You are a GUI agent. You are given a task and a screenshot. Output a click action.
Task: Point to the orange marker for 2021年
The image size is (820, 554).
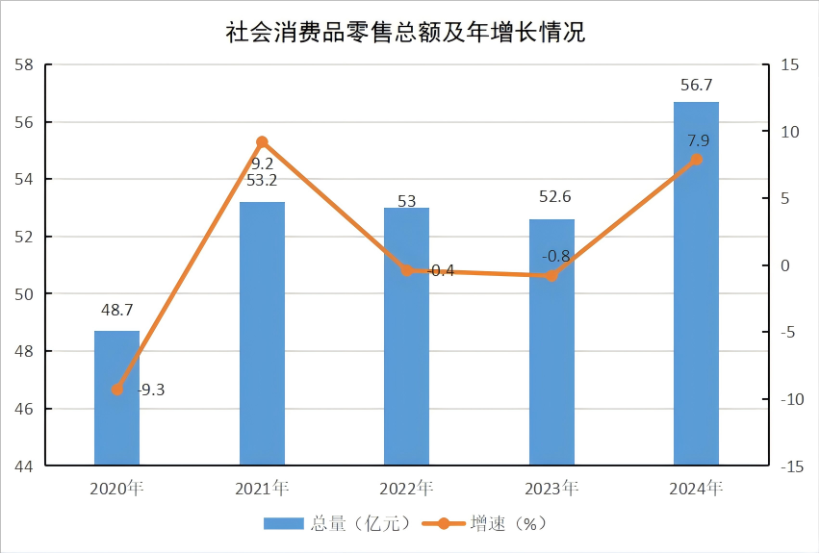click(x=262, y=142)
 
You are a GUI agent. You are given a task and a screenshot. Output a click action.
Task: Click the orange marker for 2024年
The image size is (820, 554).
click(x=696, y=160)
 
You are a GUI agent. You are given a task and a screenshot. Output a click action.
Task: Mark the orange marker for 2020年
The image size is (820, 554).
click(x=116, y=390)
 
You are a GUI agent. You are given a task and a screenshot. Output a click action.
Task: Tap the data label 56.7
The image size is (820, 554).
click(x=696, y=85)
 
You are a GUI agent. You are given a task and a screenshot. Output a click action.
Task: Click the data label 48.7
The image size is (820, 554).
click(x=116, y=310)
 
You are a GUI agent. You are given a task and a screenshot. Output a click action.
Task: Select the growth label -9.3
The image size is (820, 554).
click(x=151, y=390)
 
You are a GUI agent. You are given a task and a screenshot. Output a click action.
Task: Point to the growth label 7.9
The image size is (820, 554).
click(x=699, y=141)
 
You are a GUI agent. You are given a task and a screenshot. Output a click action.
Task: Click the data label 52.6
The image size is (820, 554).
click(x=551, y=197)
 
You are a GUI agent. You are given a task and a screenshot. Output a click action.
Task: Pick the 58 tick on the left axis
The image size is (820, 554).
click(x=24, y=65)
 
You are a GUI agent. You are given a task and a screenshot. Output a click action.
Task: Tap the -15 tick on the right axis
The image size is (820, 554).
click(x=792, y=466)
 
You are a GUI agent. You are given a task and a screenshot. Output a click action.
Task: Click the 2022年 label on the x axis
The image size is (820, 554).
click(x=406, y=489)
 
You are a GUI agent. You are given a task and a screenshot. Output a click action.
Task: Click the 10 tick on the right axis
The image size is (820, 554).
click(x=790, y=132)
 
